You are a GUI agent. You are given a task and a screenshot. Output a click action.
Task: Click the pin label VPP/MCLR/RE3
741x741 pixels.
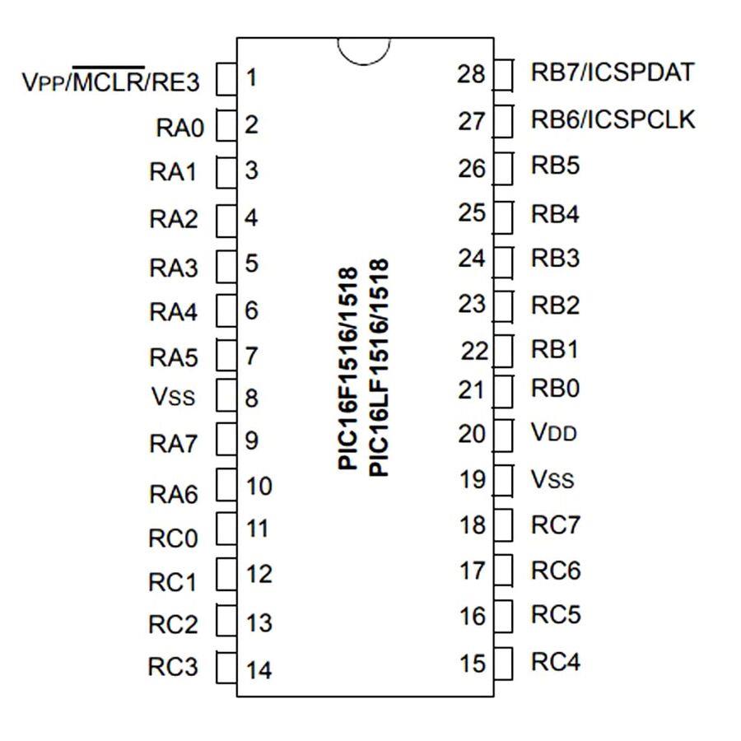(110, 82)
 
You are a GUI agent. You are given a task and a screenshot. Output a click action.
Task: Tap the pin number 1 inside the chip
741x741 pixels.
(251, 79)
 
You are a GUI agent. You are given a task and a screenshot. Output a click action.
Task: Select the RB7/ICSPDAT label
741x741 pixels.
(613, 72)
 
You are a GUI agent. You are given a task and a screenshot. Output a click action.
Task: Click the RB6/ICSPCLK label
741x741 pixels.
(613, 120)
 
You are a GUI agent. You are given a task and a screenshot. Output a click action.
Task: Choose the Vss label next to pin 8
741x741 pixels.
(174, 397)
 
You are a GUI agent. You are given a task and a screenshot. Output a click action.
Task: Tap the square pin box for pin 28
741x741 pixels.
(503, 74)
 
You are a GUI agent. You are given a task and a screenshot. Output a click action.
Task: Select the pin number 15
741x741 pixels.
(473, 663)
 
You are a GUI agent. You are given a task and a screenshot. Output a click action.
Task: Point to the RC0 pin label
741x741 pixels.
(173, 538)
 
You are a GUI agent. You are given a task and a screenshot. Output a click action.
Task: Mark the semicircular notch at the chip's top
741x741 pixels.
(363, 50)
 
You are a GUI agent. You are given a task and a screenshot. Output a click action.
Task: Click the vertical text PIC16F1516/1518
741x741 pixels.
(348, 369)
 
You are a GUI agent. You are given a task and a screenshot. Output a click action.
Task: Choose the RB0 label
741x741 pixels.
(555, 387)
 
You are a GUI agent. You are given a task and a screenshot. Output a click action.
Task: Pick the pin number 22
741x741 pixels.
(475, 352)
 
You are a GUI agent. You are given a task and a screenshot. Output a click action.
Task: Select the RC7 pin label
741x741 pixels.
(555, 524)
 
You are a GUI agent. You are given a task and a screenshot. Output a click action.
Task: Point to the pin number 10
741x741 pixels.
(259, 486)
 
